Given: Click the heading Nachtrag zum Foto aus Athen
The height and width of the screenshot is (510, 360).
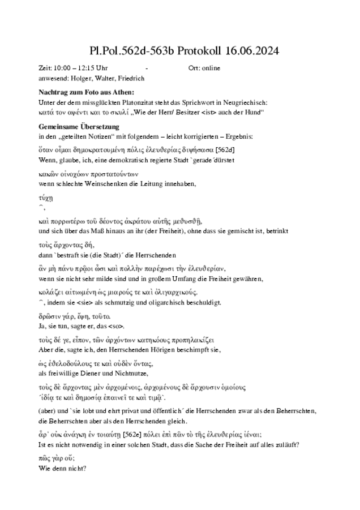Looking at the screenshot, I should coord(86,92).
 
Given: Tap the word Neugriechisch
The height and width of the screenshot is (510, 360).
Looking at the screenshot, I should coord(247,102).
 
